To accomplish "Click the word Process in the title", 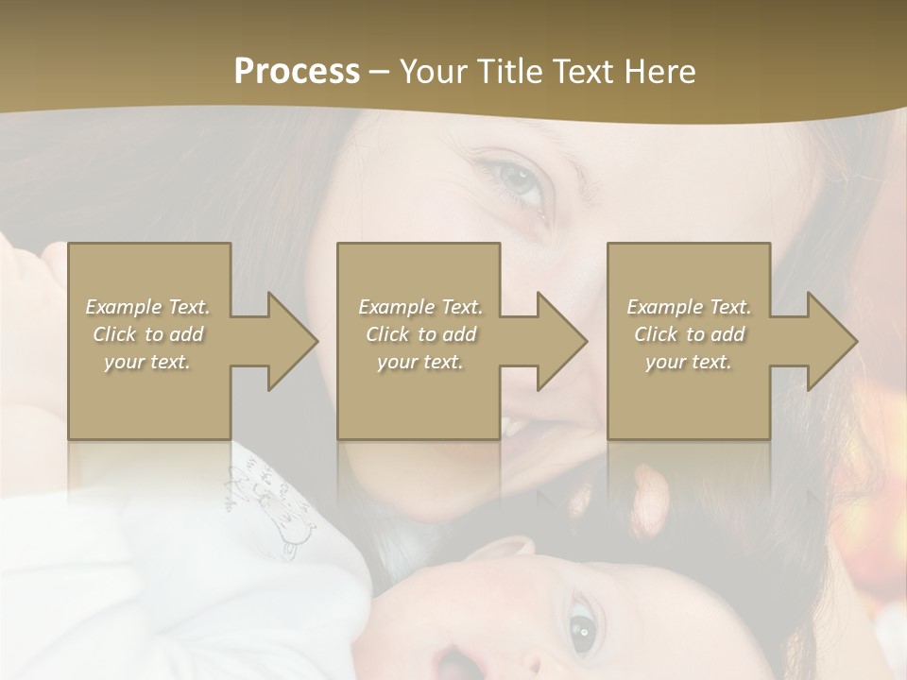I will pos(297,72).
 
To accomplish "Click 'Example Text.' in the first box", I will pos(148,307).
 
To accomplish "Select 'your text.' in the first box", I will pos(148,362).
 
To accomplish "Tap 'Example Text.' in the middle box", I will pos(420,307).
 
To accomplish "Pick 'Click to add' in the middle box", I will pos(420,334).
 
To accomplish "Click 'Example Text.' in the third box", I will pos(689,307).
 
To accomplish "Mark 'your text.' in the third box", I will pos(689,362).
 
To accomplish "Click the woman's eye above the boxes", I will pos(518,180).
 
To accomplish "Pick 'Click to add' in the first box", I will pos(148,334).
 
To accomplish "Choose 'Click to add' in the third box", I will pos(689,334).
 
